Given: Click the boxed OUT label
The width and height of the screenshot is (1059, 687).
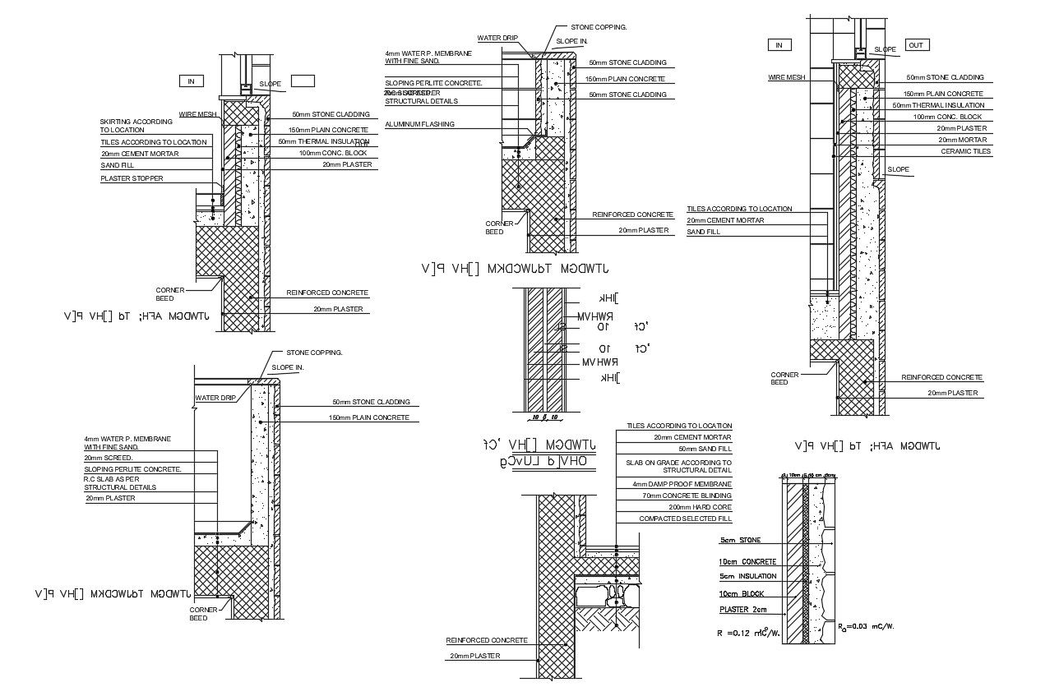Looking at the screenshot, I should click(916, 44).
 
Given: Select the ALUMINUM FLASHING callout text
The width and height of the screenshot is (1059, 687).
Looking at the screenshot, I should click(419, 124).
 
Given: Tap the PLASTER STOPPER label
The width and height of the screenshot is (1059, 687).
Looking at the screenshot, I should click(132, 178).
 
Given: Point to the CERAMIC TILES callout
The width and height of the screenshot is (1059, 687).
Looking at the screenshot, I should click(966, 151).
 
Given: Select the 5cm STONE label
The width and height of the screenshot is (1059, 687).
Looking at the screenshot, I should click(740, 541).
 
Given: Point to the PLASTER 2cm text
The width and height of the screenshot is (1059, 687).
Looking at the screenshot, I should click(743, 610).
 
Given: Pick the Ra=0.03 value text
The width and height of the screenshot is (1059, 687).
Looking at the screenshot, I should click(866, 626).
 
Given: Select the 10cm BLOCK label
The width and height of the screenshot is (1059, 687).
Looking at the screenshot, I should click(742, 592).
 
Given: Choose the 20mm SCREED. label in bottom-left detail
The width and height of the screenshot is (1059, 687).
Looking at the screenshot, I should click(104, 458).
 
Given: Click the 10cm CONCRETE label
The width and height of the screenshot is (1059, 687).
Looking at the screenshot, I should click(747, 561).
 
